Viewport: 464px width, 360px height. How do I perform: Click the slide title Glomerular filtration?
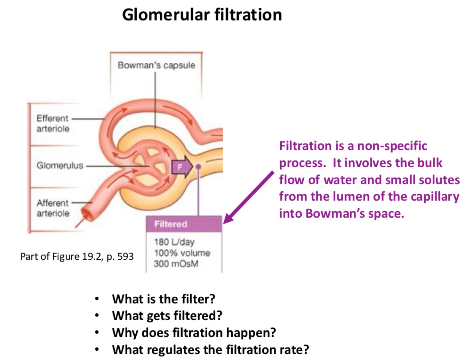coord(202,15)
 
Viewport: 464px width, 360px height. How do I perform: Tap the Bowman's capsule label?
coord(156,65)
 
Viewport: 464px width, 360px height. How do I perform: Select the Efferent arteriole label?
coord(53,123)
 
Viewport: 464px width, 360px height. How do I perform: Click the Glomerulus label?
coord(60,165)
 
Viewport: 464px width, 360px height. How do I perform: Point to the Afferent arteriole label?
coord(53,208)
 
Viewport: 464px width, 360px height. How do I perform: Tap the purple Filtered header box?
coord(184,224)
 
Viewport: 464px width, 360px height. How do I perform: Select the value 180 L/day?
coord(174,242)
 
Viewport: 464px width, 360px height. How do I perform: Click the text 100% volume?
coord(182,253)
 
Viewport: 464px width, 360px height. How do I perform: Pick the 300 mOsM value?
coord(176,264)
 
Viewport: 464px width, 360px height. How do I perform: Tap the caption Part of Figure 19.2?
coord(77,257)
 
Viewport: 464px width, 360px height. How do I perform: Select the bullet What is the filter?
coord(163,299)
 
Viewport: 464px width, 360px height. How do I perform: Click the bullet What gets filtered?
coord(167,315)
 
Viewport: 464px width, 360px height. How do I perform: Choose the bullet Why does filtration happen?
coord(194,332)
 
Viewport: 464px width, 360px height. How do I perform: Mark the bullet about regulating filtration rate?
coord(210,349)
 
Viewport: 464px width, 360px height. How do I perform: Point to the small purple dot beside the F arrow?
coord(198,166)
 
